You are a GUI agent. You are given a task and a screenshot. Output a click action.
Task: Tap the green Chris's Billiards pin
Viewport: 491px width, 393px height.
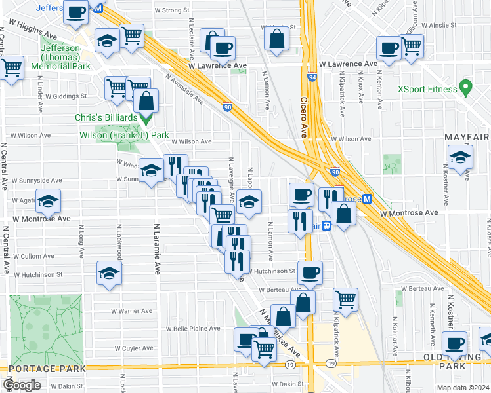click(146, 119)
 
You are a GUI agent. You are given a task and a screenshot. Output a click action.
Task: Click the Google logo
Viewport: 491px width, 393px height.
click(22, 384)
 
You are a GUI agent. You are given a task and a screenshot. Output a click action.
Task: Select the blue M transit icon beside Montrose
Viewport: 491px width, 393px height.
click(368, 199)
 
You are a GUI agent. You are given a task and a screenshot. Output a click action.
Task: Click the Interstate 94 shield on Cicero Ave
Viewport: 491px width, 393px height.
click(309, 77)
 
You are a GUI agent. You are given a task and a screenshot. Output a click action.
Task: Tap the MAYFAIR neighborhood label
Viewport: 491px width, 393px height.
click(467, 136)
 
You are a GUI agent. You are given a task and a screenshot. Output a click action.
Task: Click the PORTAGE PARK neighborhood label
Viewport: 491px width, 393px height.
click(43, 368)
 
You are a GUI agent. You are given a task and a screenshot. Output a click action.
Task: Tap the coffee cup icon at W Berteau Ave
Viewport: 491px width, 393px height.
click(310, 272)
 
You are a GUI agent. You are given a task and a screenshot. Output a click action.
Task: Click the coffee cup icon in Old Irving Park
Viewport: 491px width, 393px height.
click(454, 343)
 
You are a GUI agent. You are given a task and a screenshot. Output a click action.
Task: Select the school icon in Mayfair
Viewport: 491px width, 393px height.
click(460, 158)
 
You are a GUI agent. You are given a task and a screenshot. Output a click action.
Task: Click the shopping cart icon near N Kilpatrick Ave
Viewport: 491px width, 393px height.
click(345, 299)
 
